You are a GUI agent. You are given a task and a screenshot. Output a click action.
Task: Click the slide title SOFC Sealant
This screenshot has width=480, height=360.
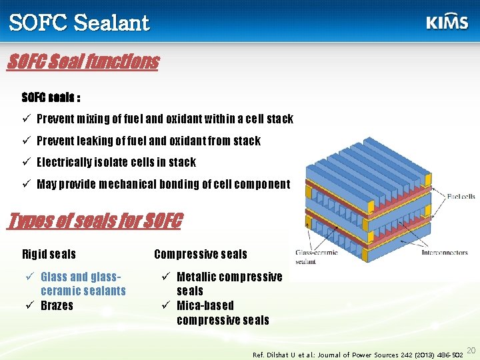79,23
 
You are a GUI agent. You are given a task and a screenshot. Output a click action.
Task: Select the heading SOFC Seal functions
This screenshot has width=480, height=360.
83,62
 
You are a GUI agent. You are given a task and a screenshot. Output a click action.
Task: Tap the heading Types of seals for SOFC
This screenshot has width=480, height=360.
93,221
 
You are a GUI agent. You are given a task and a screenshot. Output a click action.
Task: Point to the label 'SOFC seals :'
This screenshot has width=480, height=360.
51,97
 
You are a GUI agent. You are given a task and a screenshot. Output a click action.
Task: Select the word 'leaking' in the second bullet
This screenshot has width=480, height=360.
95,141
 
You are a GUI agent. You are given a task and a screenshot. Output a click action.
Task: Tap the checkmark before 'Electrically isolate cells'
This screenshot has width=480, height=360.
27,163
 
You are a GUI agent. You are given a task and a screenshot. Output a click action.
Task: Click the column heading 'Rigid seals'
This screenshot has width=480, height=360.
49,255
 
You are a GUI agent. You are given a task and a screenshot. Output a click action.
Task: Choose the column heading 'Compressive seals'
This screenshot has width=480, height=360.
200,255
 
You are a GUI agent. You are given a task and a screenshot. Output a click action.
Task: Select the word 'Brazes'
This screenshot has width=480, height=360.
57,306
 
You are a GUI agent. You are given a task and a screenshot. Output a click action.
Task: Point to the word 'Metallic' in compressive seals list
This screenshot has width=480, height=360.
197,277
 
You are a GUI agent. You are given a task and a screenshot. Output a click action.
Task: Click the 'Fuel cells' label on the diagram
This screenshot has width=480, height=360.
461,197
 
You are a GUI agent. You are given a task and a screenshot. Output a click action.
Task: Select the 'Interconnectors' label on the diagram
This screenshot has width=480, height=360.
443,253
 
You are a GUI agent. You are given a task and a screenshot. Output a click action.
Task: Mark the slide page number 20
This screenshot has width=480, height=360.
471,351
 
